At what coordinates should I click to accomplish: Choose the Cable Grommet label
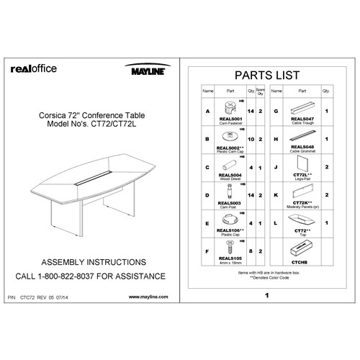click(x=302, y=148)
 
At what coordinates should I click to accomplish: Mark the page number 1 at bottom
click(x=267, y=295)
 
